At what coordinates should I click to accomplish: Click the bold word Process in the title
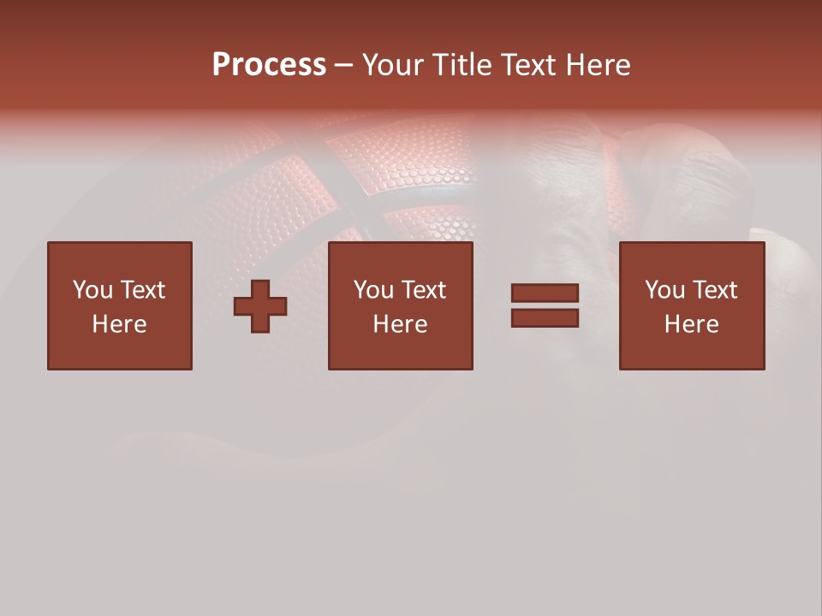pyautogui.click(x=269, y=65)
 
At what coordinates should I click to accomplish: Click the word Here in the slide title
pyautogui.click(x=599, y=65)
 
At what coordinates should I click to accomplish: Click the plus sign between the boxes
pyautogui.click(x=260, y=306)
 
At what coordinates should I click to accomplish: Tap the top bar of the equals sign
pyautogui.click(x=545, y=293)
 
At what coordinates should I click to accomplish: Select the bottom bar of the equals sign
pyautogui.click(x=545, y=318)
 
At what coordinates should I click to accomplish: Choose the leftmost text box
pyautogui.click(x=120, y=305)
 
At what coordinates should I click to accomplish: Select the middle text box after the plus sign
pyautogui.click(x=400, y=305)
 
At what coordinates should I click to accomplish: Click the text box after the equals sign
pyautogui.click(x=691, y=305)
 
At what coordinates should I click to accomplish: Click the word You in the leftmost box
pyautogui.click(x=92, y=290)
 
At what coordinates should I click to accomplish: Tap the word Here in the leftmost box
pyautogui.click(x=120, y=324)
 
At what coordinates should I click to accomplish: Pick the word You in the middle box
pyautogui.click(x=373, y=290)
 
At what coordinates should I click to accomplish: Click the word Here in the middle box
pyautogui.click(x=400, y=324)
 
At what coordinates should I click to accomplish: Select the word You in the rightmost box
pyautogui.click(x=664, y=290)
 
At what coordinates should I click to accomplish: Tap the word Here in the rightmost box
pyautogui.click(x=691, y=324)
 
